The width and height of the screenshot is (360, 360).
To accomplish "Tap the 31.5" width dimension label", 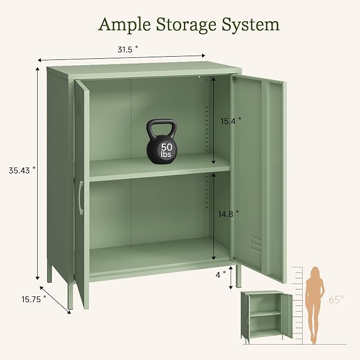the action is tap(128, 50).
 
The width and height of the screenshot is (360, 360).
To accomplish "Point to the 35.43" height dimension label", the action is tap(22, 170).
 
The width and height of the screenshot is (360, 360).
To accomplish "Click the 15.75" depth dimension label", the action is tap(34, 300).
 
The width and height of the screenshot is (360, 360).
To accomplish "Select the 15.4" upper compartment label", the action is tap(231, 121).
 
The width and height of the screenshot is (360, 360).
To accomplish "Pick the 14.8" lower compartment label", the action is tap(229, 214).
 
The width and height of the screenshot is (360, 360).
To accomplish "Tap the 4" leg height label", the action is tap(221, 275).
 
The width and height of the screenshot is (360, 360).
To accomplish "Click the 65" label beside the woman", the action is tap(337, 300).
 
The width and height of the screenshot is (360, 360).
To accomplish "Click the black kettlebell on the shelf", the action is tap(162, 142).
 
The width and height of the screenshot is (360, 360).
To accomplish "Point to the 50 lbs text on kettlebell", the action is tap(166, 150).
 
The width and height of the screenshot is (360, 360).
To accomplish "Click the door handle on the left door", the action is tap(81, 198).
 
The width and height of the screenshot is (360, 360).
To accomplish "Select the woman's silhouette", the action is tap(314, 305).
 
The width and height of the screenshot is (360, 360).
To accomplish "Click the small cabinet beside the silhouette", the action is tap(266, 318).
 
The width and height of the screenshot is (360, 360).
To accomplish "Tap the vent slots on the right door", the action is tap(256, 244).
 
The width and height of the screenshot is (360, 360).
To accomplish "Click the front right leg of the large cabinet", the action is tap(239, 277).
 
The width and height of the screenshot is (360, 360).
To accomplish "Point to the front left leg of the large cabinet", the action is tap(71, 296).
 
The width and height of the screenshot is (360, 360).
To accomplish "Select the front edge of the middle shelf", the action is tap(160, 176).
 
